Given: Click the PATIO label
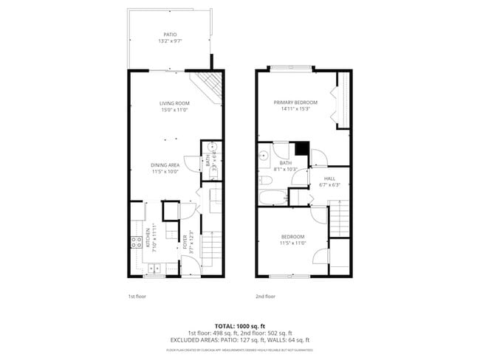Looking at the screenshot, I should [x=170, y=34].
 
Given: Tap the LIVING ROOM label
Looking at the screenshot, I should [x=175, y=103].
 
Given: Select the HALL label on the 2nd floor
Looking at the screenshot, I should [x=330, y=179].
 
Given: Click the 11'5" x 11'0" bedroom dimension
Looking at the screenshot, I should [x=293, y=243].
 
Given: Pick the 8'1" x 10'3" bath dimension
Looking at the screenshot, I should [x=285, y=169].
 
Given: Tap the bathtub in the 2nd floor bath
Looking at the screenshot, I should [x=272, y=198].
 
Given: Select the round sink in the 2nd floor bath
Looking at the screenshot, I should [x=263, y=155].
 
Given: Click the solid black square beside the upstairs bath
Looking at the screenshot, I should [x=300, y=148].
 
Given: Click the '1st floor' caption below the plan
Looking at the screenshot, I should [x=137, y=296].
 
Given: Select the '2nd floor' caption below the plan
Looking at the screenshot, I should [x=265, y=296].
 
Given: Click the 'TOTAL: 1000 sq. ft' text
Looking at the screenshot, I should [x=239, y=325].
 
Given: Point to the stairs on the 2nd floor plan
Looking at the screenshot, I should [x=338, y=219].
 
